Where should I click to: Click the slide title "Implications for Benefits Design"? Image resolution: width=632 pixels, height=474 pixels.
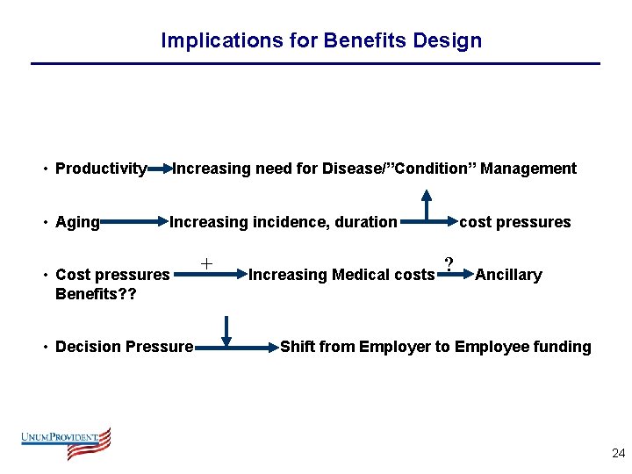[321, 40]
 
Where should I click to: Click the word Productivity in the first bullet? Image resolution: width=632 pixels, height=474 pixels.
[100, 169]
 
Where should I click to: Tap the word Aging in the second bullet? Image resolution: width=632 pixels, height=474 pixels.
[77, 222]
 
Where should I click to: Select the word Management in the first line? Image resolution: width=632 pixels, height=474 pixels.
[528, 169]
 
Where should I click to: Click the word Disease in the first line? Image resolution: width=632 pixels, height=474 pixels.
[352, 169]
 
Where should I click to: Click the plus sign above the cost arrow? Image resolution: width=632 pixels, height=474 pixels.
[206, 263]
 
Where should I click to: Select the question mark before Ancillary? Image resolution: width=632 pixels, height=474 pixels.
[449, 264]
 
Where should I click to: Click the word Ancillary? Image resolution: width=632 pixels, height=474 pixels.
[508, 275]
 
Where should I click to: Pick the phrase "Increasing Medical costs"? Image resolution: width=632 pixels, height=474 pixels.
[341, 275]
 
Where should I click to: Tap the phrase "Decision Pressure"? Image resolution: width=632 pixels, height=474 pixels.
[124, 347]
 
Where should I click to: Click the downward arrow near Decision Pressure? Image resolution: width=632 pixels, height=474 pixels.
[226, 332]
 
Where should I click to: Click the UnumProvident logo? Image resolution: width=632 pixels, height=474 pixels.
[67, 442]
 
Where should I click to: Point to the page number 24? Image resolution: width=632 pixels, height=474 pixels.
[618, 454]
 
